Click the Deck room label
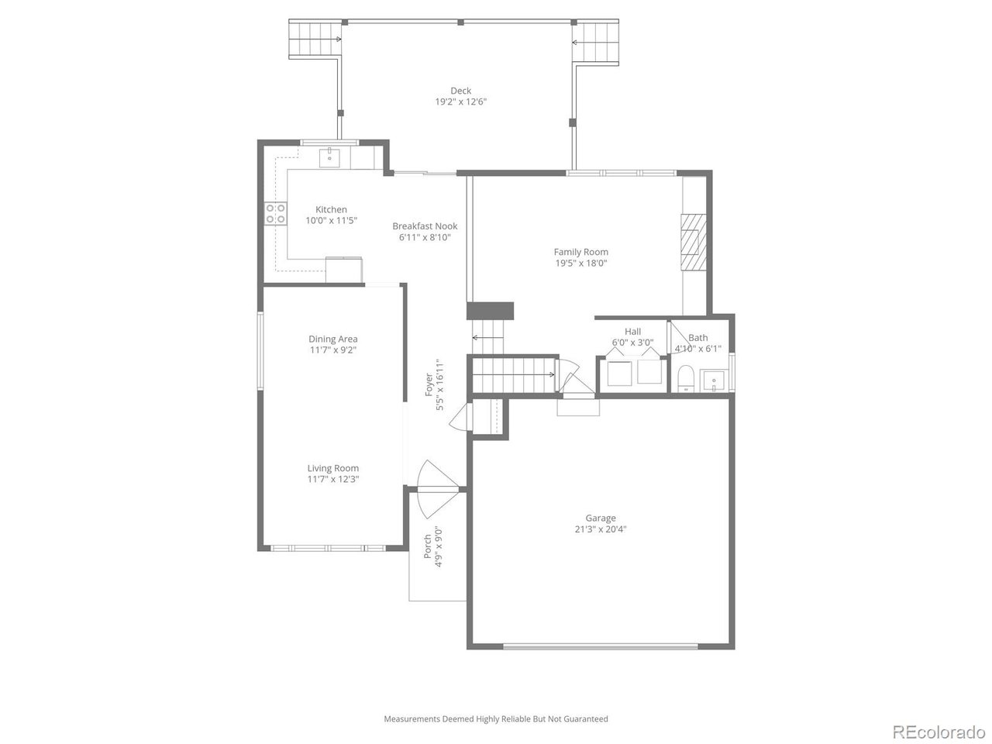pos(460,91)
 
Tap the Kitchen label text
pos(331,209)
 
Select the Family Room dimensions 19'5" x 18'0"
pos(580,263)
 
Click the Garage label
pos(600,518)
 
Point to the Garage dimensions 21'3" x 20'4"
pos(600,530)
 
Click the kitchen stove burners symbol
pos(274,214)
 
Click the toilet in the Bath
pos(684,380)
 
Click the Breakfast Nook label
pos(425,226)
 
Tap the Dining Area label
pos(332,339)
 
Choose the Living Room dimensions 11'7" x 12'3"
pos(332,479)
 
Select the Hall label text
pos(632,332)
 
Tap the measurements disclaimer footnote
pos(496,719)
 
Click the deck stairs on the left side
pos(315,39)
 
